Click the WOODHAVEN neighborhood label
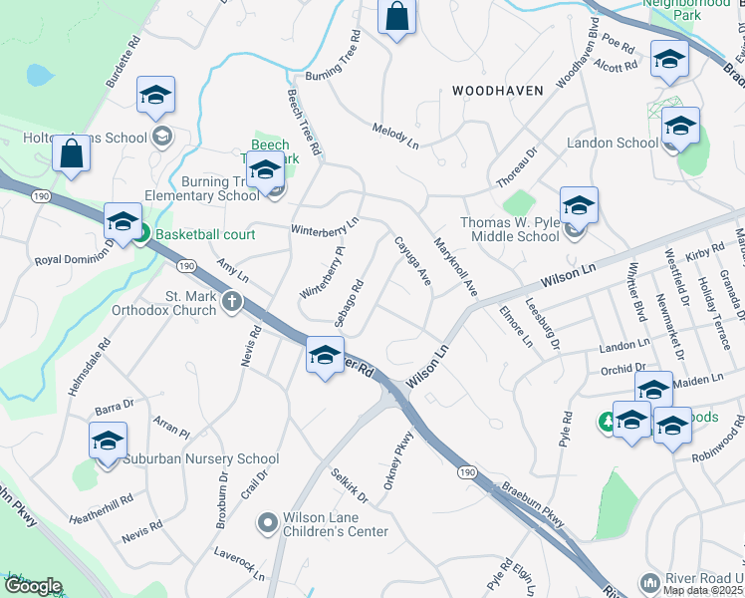498,91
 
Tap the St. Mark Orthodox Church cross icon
232,301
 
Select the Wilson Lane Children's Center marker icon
267,521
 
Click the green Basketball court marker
141,234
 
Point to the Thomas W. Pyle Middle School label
510,230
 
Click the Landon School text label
613,143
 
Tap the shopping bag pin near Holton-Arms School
72,153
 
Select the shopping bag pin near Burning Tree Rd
396,17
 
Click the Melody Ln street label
395,137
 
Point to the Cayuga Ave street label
411,262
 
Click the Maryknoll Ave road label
456,265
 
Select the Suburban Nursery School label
201,459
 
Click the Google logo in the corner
33,586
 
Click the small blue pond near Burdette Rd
39,75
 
